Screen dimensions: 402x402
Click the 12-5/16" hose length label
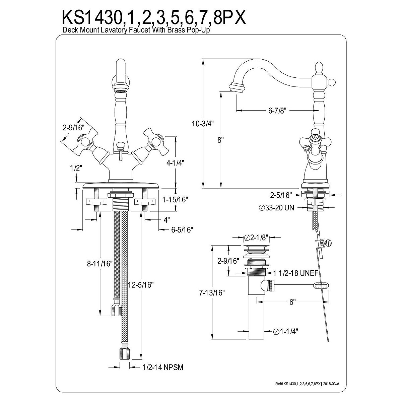coord(141,285)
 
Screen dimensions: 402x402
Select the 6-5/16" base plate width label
coord(182,229)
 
